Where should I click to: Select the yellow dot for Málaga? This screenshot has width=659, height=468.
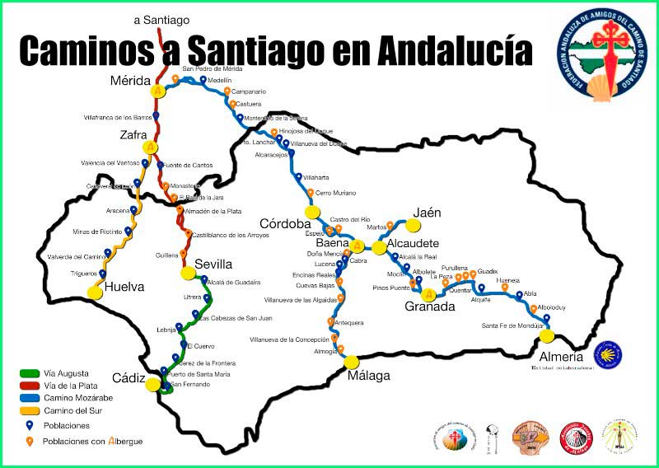click(353, 362)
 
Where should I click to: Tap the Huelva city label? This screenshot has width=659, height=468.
click(124, 288)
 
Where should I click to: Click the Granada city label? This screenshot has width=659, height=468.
click(429, 307)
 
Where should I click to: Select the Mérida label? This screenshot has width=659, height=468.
click(130, 81)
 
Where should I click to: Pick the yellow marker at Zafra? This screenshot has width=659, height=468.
click(150, 148)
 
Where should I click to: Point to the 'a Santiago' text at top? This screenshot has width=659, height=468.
click(161, 20)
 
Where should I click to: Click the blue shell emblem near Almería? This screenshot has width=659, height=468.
click(608, 354)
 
